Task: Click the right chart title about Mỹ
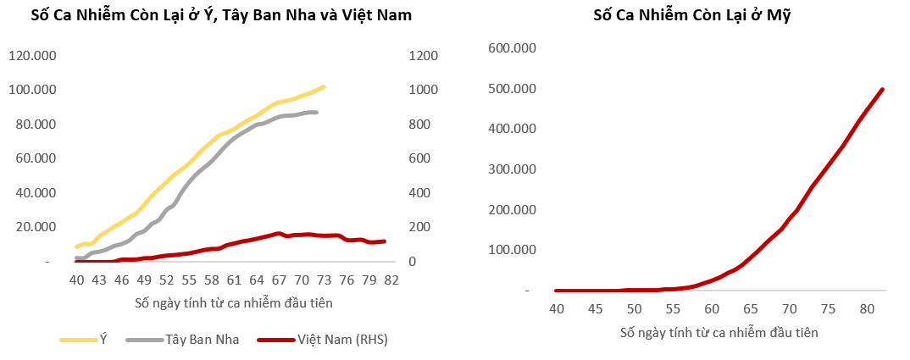pos(681,15)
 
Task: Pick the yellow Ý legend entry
pos(104,340)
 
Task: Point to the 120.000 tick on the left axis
pos(32,56)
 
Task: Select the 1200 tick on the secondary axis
pos(423,56)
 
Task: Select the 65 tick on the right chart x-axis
pos(750,309)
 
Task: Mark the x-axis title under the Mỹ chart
pos(719,332)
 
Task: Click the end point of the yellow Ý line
pos(324,86)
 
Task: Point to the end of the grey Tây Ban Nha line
pos(316,113)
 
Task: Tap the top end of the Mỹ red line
pos(883,89)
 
